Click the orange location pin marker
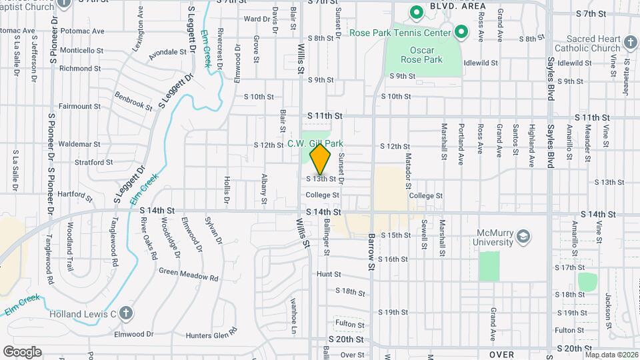point(321,159)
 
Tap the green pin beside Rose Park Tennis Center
point(461,31)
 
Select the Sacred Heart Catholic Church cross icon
point(631,43)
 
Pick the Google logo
point(22,352)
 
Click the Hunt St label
point(329,274)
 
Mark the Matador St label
point(409,169)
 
